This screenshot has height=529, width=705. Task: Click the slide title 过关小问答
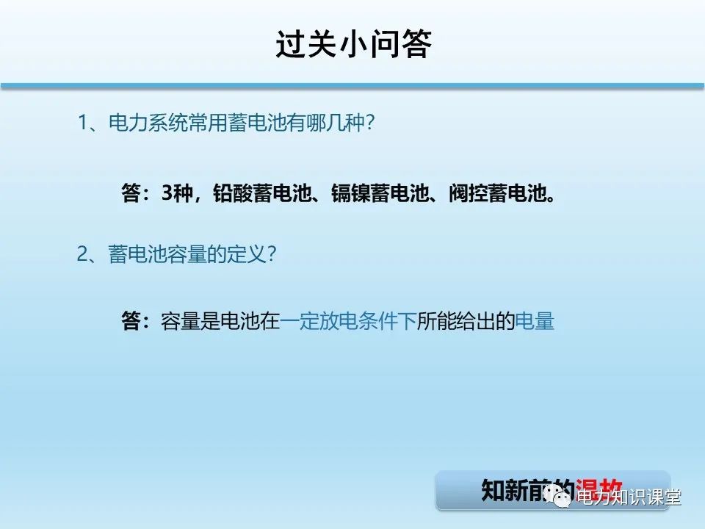(352, 43)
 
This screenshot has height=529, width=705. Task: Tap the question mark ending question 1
(369, 123)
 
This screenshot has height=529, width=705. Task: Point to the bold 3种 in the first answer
(176, 193)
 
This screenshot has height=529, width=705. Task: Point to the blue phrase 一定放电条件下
(348, 322)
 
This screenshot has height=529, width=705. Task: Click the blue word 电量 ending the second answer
(534, 322)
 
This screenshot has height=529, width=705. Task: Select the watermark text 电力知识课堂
(628, 498)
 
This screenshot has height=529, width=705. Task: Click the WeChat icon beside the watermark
(562, 498)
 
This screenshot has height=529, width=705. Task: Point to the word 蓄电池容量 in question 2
(155, 255)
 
